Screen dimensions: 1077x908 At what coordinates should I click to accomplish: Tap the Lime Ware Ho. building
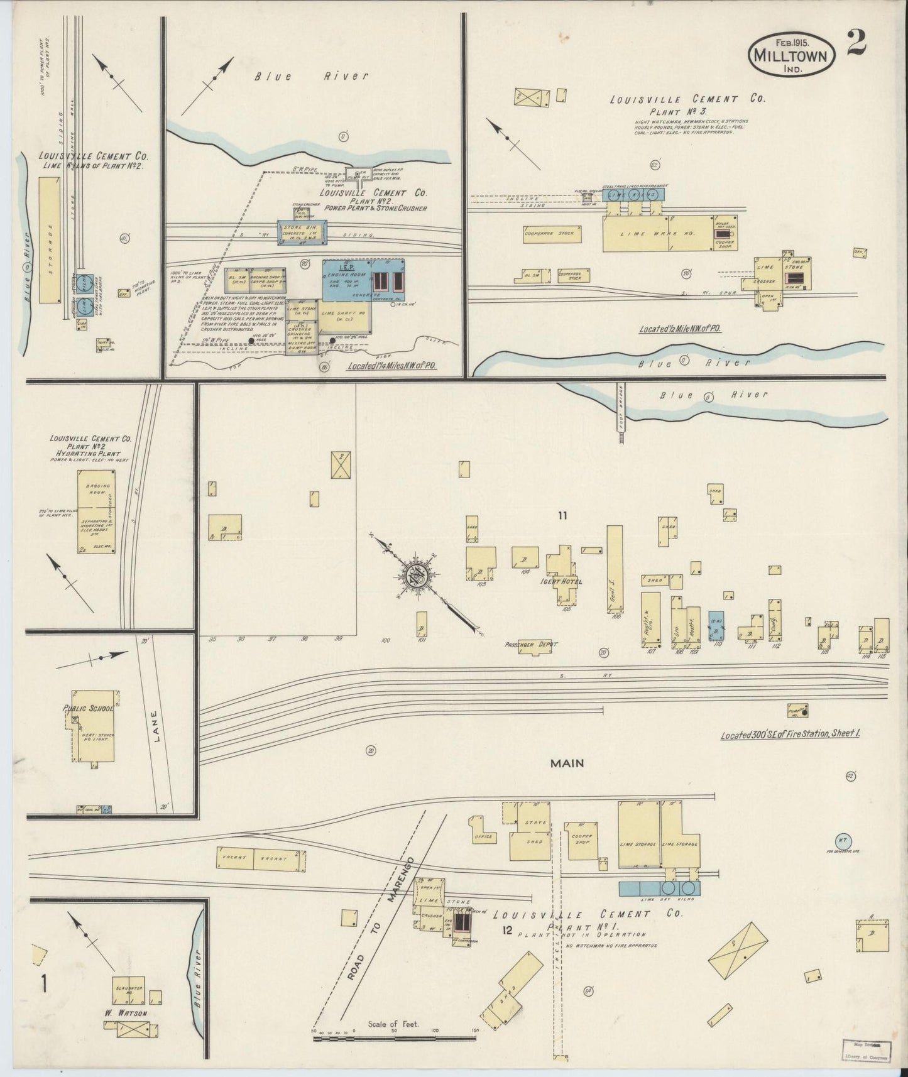point(647,234)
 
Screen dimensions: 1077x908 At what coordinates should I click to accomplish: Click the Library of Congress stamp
point(866,1050)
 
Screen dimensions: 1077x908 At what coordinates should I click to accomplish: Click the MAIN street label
point(567,763)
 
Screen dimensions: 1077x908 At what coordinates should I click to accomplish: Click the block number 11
point(562,516)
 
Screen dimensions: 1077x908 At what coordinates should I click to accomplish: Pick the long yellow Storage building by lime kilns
point(48,239)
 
